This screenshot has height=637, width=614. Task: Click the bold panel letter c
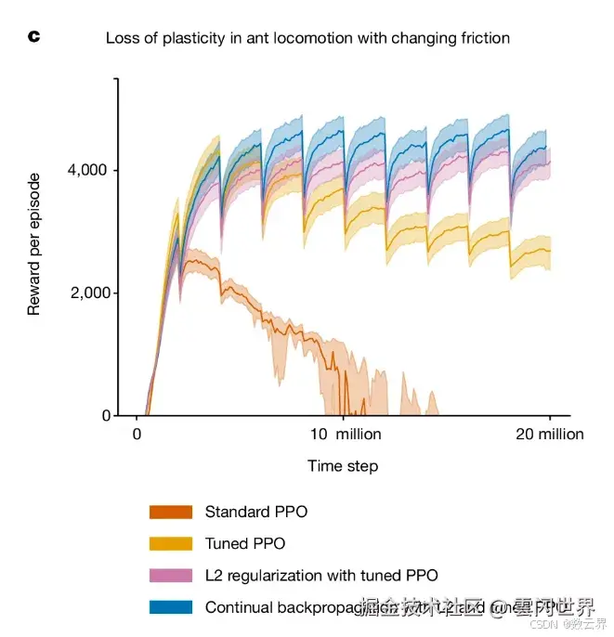point(34,37)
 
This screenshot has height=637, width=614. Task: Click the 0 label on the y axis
point(105,415)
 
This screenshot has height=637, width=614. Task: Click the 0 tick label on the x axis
point(137,435)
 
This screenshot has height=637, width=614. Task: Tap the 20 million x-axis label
point(543,435)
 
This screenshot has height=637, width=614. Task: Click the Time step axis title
point(343,466)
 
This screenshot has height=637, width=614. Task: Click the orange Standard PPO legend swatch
point(170,512)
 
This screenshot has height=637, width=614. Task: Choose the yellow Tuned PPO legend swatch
point(170,543)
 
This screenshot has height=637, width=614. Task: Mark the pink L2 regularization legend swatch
point(170,576)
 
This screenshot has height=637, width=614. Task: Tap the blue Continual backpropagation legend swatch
point(170,607)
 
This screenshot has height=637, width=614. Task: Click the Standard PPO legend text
point(255,512)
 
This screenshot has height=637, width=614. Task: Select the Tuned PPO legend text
point(244,543)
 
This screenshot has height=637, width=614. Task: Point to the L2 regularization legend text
point(320,576)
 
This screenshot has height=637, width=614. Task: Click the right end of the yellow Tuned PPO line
point(550,251)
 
